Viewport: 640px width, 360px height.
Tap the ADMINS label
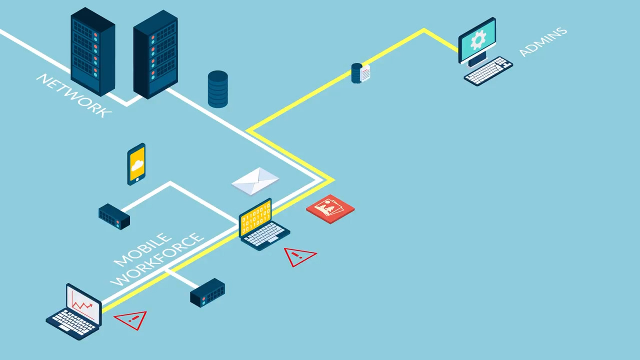543,41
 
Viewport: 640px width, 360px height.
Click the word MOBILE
142,249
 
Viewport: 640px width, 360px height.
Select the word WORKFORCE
157,259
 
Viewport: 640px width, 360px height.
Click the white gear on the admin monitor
478,39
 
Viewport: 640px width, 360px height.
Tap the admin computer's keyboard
488,71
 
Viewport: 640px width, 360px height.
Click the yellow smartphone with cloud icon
136,164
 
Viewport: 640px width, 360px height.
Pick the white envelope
255,181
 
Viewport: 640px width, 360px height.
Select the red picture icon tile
330,209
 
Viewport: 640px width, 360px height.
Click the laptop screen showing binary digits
255,217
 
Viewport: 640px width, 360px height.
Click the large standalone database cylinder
217,89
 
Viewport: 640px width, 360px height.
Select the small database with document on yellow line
360,73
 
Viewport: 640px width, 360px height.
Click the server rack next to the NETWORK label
93,51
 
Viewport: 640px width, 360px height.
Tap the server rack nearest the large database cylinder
155,54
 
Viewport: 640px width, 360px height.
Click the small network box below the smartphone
114,216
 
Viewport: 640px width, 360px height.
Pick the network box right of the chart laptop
207,293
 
